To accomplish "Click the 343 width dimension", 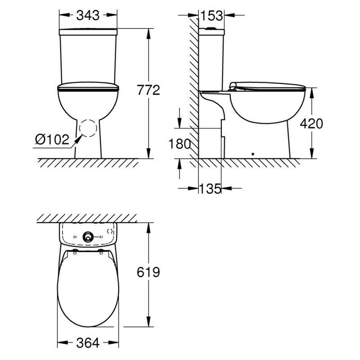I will click(88, 15).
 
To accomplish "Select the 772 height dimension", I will click(149, 90).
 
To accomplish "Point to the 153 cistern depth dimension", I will click(211, 15).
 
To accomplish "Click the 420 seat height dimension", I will click(311, 124).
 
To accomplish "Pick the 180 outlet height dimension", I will click(180, 144).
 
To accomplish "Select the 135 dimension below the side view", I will click(210, 189).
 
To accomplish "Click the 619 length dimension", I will click(148, 272).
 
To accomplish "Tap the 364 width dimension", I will click(88, 343).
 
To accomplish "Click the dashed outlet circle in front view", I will click(88, 129).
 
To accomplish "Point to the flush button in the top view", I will click(88, 236).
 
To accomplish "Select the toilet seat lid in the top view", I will click(88, 288).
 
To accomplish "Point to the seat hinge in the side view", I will click(232, 86).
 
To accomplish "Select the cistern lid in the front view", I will click(88, 31).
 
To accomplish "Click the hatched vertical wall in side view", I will click(194, 90).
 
